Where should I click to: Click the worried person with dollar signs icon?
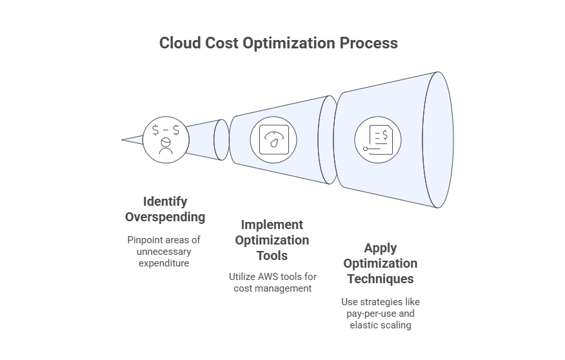(x=166, y=139)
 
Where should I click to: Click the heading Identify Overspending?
(x=165, y=208)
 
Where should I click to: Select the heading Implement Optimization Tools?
(x=272, y=240)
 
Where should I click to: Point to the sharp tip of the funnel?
(x=123, y=139)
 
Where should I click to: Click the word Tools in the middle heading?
(x=272, y=255)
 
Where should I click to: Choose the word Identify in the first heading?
(x=165, y=201)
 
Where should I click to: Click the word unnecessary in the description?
(x=164, y=251)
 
